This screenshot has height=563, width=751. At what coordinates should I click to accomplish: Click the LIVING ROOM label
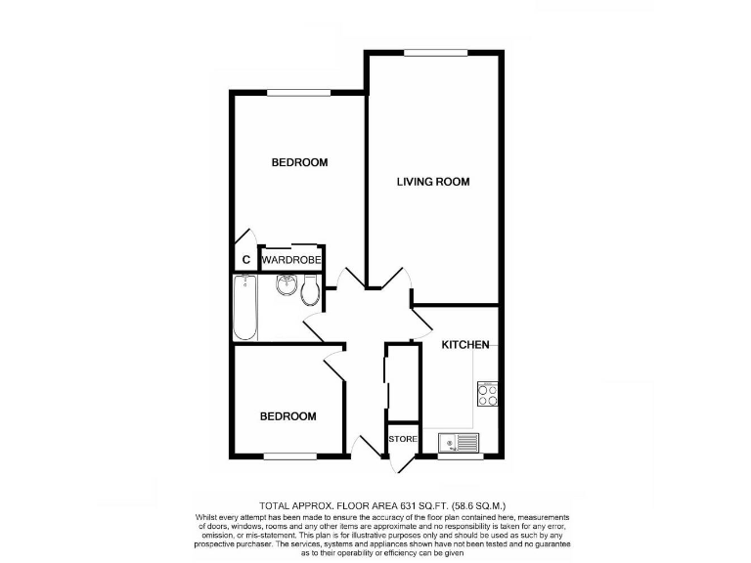(433, 182)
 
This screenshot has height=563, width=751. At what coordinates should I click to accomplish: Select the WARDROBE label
(290, 260)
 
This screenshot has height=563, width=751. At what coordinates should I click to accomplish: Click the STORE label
(403, 440)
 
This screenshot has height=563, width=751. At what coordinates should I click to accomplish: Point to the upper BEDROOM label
(299, 162)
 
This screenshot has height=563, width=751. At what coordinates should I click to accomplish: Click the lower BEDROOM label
(287, 416)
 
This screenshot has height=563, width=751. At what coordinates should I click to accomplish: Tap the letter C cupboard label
(246, 260)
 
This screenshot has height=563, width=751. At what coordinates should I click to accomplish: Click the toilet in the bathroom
(311, 289)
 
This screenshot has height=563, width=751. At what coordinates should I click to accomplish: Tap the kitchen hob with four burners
(487, 394)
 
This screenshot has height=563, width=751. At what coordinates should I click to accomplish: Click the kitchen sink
(458, 444)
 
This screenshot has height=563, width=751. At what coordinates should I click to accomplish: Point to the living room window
(434, 53)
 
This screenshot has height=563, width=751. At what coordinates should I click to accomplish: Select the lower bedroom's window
(288, 455)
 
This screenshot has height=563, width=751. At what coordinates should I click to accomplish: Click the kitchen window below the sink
(458, 456)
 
